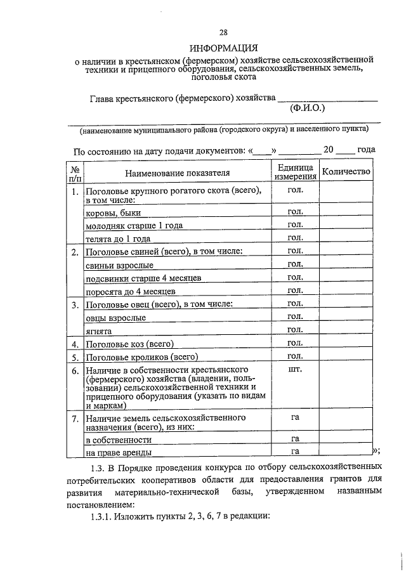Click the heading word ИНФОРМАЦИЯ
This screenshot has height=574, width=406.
(223, 48)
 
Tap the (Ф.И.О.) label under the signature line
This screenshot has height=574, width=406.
(308, 108)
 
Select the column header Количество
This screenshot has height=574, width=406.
(346, 172)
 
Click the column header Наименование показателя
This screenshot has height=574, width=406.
(177, 172)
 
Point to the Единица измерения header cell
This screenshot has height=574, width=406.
(295, 172)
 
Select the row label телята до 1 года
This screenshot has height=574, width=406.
(118, 239)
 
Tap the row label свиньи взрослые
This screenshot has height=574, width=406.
(119, 265)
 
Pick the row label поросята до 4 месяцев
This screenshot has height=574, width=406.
(131, 292)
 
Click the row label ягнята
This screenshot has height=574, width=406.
(99, 331)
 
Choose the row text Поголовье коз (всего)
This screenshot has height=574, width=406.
(130, 345)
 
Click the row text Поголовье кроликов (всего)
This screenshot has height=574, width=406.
(142, 358)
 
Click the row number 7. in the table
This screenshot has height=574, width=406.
(75, 419)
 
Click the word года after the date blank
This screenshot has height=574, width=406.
(366, 150)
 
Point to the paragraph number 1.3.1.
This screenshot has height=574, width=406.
(106, 516)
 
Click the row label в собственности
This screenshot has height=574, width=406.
(119, 440)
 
